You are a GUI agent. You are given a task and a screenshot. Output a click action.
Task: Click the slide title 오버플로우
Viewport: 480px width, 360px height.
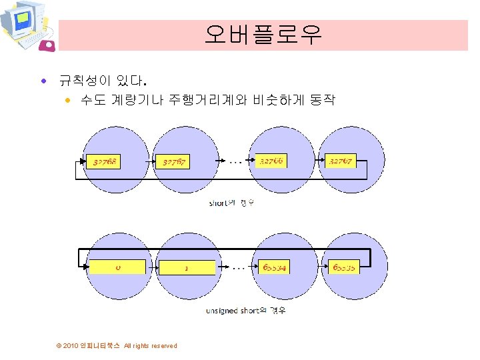[x=263, y=35]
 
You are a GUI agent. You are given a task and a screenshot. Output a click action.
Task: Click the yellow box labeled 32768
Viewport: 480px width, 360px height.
[x=105, y=161]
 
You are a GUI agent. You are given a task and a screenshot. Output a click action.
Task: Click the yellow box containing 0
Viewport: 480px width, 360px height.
[x=117, y=267]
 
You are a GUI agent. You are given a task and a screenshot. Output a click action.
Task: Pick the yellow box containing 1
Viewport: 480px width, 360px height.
[x=187, y=268]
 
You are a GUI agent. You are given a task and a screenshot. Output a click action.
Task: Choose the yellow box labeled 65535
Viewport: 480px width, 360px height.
[x=343, y=267]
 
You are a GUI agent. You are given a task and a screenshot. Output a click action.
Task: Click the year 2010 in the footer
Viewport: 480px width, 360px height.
[x=70, y=345]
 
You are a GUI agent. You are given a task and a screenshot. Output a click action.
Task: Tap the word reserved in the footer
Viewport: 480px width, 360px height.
[x=164, y=345]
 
